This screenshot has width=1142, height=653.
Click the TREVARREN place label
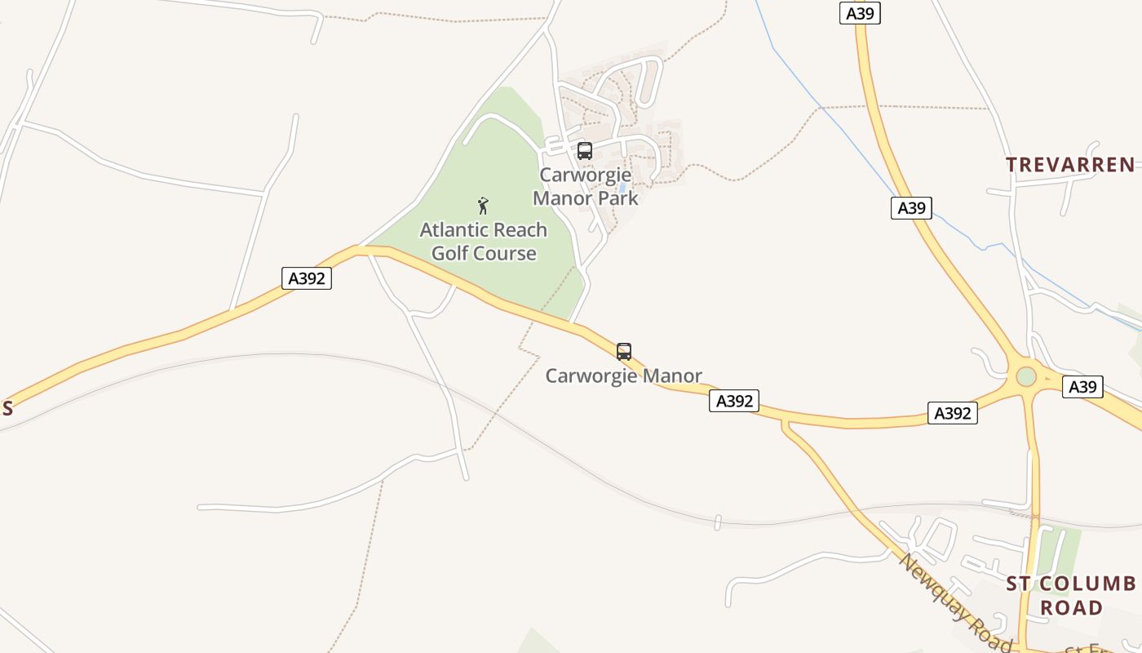[x=1070, y=165]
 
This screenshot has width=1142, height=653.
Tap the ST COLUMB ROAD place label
[x=1070, y=596]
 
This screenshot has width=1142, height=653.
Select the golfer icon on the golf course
[x=483, y=206]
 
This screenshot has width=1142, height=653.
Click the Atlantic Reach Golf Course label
[x=484, y=242]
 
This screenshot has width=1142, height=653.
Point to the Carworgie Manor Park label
[x=585, y=186]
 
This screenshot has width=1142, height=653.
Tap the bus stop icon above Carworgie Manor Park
[x=585, y=151]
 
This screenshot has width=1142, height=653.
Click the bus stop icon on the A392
[x=624, y=352]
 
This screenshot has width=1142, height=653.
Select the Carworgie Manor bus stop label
[x=623, y=375]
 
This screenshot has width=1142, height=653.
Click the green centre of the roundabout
[x=1026, y=376]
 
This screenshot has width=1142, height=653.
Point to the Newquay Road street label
[x=954, y=600]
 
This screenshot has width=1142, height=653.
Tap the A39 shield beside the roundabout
[x=1082, y=387]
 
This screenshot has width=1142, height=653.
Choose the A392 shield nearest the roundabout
[x=952, y=413]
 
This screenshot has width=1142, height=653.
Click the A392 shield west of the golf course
[x=307, y=278]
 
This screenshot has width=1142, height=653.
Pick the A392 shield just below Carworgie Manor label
[x=733, y=400]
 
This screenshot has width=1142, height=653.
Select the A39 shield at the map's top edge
[x=860, y=13]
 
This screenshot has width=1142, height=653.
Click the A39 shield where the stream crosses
[x=911, y=207]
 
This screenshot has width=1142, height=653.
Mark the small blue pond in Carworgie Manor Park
[x=622, y=188]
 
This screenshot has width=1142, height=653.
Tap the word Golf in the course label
[x=453, y=253]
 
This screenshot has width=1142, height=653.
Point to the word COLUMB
[x=1090, y=584]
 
